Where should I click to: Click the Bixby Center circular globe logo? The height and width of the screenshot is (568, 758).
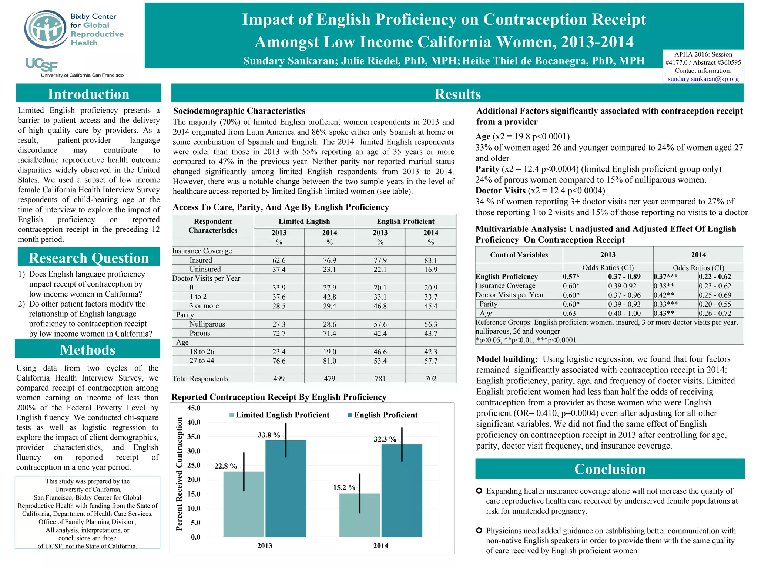[x=46, y=29]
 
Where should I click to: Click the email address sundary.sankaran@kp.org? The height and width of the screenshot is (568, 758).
[x=703, y=79]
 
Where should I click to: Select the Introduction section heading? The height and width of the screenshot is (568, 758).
[x=88, y=94]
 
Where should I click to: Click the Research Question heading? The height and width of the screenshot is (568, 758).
[x=88, y=258]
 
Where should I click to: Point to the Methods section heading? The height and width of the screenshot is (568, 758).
[x=88, y=349]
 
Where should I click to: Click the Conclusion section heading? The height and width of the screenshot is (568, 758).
[x=610, y=469]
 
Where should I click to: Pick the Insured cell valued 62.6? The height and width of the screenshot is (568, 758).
[x=279, y=260]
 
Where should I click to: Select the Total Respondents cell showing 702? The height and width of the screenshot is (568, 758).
[x=430, y=379]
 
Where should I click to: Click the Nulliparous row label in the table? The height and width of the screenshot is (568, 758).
[x=207, y=324]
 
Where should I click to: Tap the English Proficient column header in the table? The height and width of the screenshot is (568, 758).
[x=405, y=221]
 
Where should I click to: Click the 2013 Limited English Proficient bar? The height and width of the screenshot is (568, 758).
[x=244, y=504]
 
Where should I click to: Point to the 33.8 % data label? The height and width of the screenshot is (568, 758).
[x=269, y=435]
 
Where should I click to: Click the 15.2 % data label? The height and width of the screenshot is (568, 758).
[x=344, y=488]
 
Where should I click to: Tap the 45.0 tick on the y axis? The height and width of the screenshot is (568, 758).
[x=194, y=408]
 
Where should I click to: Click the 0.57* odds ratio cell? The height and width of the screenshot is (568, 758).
[x=571, y=277]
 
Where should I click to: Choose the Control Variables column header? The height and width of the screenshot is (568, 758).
[x=519, y=255]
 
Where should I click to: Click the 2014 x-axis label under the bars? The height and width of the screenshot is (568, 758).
[x=380, y=546]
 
